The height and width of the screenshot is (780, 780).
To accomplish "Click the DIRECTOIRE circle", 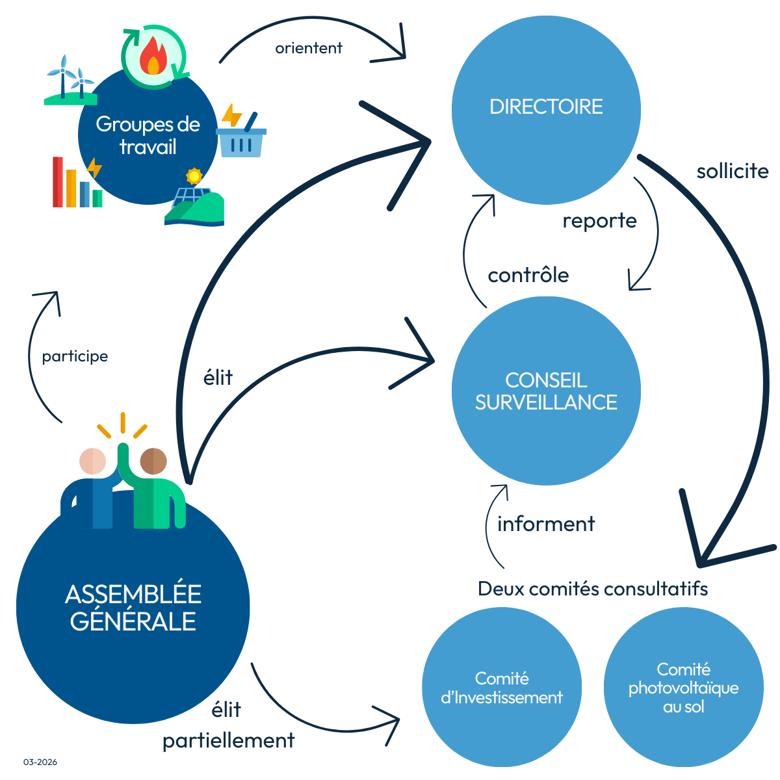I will pos(546,109).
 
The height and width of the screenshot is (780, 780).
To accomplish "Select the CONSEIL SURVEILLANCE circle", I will pos(546,391).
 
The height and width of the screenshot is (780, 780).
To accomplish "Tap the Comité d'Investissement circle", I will pos(501,688).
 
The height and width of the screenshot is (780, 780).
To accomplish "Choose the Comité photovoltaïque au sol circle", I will pos(683,688).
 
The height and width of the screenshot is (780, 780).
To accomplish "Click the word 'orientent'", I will pos(309,48).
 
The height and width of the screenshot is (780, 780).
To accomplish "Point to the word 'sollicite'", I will pos(733,172).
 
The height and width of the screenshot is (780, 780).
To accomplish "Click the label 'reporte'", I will pos(599,221).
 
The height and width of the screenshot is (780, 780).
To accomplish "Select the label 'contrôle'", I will pos(528,275).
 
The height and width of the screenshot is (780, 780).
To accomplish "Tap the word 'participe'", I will pos(75,356).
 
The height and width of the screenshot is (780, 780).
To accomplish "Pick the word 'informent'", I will pos(545,524).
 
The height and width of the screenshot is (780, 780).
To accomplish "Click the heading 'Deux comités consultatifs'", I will pos(592,589).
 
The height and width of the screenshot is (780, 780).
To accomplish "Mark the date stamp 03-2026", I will pos(40,762).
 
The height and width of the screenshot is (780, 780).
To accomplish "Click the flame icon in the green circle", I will pos(153,56).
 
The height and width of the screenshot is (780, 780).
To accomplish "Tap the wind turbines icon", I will pos(69,81).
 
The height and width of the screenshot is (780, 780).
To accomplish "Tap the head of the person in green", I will pos(153,461).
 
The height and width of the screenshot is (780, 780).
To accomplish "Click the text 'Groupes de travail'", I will pos(148,135).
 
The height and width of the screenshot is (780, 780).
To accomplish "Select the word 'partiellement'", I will pos(228,740).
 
